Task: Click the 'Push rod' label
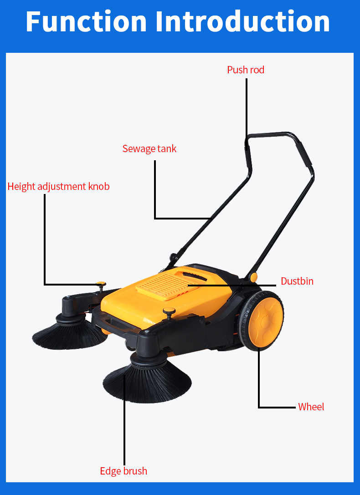coord(246,70)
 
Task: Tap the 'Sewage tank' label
coord(149,149)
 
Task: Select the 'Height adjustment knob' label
coord(58,186)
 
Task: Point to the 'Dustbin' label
coord(297,281)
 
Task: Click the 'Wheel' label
coord(311,407)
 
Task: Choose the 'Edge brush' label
coord(123,471)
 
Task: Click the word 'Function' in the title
coord(86,21)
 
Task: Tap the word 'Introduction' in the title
coord(242,21)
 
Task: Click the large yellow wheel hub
coord(265,321)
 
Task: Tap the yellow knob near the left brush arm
coord(101,284)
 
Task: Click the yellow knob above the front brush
coord(169,311)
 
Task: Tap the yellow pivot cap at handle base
coord(253,277)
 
